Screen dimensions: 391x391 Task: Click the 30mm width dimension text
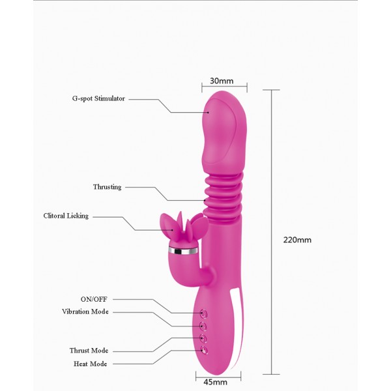coord(222,81)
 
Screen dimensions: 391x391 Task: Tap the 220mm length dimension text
coord(297,240)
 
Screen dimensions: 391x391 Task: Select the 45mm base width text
coord(216,382)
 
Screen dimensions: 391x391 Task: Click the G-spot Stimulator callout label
coord(98,98)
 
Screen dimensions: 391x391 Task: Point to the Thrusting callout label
coord(108,187)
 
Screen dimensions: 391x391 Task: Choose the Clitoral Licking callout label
coord(66,216)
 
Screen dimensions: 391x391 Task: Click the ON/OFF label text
coord(94,299)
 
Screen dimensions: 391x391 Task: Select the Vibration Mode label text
coord(85,311)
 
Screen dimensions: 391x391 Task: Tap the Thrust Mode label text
coord(89,351)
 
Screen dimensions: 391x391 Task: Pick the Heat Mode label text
coord(91,364)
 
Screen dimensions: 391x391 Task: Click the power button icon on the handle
coord(204,313)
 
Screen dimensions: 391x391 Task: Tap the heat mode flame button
coord(204,350)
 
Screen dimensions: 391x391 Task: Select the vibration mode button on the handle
coord(203,326)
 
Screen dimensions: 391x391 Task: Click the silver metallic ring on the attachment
coord(183,251)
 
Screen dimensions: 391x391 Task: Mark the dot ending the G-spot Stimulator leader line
coord(208,113)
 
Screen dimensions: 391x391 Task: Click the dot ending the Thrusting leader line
coord(205,200)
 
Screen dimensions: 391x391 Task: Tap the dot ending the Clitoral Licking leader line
coord(172,230)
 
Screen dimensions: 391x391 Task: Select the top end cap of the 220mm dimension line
coord(272,90)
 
